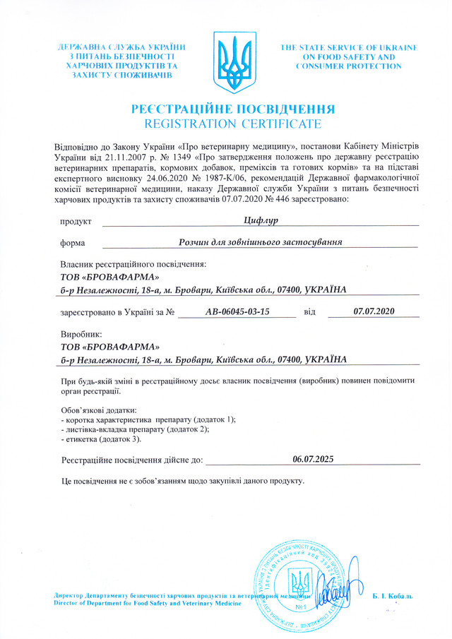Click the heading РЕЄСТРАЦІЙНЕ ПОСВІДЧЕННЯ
(x=233, y=109)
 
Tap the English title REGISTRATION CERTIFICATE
(x=233, y=124)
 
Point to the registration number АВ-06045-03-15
(x=237, y=311)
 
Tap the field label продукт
(x=76, y=222)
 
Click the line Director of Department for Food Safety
(x=152, y=604)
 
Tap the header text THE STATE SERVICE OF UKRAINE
(x=349, y=47)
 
